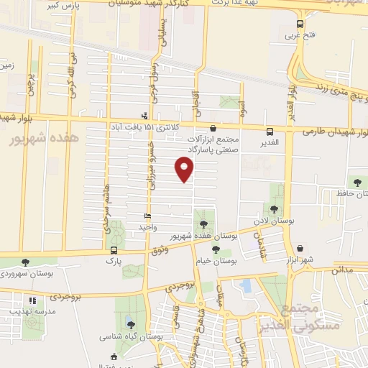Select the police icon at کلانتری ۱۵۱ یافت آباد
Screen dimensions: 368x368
pos(146,115)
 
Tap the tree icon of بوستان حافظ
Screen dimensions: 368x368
pos(357,181)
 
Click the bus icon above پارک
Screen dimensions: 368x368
pos(114,250)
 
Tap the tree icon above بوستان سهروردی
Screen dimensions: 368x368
pos(26,262)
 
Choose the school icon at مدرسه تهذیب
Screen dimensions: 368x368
pos(32,301)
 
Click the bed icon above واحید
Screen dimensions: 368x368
pos(147,216)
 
